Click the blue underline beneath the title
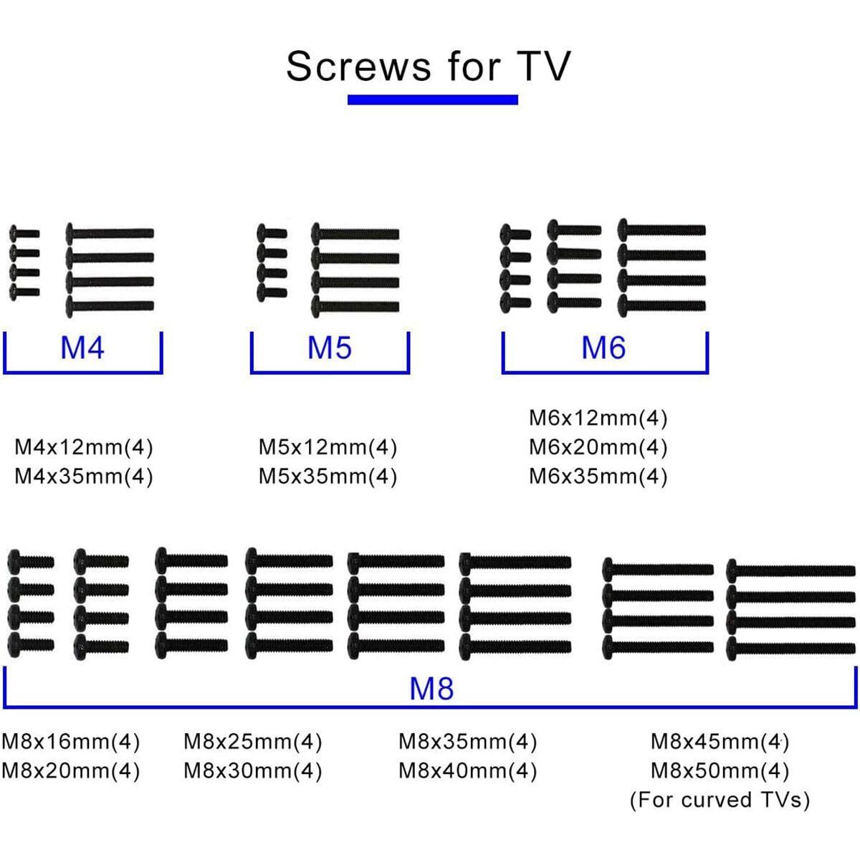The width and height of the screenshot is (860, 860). [432, 100]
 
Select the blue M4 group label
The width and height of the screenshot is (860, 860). [82, 348]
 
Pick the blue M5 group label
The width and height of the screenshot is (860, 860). [330, 348]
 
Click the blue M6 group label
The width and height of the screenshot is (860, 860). [603, 348]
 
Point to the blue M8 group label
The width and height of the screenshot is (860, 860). [431, 689]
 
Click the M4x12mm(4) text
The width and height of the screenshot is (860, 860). [84, 448]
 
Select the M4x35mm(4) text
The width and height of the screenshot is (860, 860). [84, 477]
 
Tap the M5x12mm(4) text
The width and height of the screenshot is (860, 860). [328, 448]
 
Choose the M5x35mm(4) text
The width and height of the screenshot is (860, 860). [328, 477]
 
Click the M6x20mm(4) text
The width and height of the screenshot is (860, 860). [598, 448]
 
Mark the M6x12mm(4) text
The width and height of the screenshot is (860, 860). [598, 418]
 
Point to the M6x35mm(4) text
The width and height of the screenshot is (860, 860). [598, 477]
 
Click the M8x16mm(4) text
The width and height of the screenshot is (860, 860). [71, 742]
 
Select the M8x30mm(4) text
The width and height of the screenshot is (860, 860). [253, 771]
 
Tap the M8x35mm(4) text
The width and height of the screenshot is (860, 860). [467, 742]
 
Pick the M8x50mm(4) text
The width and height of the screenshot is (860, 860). [720, 771]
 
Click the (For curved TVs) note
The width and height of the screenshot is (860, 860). [720, 800]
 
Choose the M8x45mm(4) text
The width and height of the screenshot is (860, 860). [720, 742]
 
